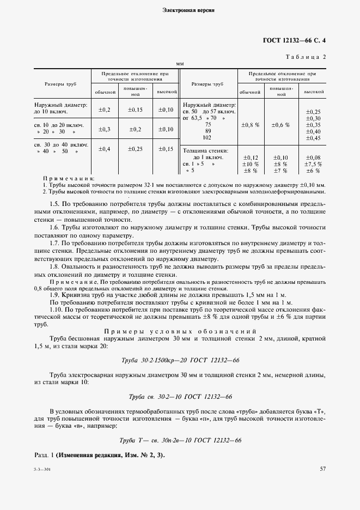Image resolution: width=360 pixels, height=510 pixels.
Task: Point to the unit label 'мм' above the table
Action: tap(180, 64)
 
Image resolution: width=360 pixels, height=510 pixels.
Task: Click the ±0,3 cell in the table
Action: tap(104, 129)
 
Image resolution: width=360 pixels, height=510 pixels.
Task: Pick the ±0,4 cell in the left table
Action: tap(104, 149)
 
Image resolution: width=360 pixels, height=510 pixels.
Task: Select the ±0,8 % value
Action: tap(250, 125)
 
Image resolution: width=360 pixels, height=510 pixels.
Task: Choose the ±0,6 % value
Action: tap(281, 125)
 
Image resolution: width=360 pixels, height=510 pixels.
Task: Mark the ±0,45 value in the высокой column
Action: tap(313, 138)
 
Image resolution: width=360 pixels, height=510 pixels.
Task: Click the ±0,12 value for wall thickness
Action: tap(250, 157)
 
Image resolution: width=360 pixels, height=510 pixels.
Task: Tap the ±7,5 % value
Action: tap(313, 164)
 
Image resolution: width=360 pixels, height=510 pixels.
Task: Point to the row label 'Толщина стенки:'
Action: tap(205, 150)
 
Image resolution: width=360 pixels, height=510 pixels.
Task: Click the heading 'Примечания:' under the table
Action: tap(68, 178)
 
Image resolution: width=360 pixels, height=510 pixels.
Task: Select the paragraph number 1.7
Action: tap(54, 242)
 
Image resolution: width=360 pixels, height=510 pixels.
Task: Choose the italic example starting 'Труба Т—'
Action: tap(180, 440)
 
